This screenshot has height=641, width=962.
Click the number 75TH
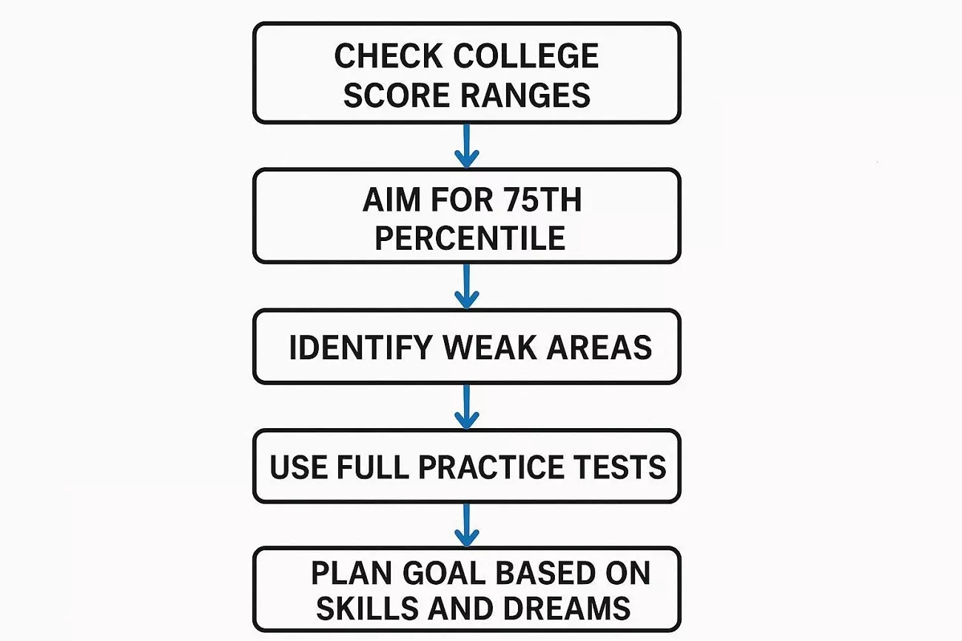(539, 200)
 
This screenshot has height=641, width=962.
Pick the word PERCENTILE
(470, 238)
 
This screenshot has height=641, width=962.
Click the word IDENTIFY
(363, 347)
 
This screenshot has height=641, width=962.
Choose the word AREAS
(599, 347)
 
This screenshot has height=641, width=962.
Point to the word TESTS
(626, 467)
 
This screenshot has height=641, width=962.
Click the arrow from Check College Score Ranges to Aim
(466, 146)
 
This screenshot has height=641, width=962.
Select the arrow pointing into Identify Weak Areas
(466, 286)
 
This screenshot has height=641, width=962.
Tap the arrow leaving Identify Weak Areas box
(466, 406)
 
